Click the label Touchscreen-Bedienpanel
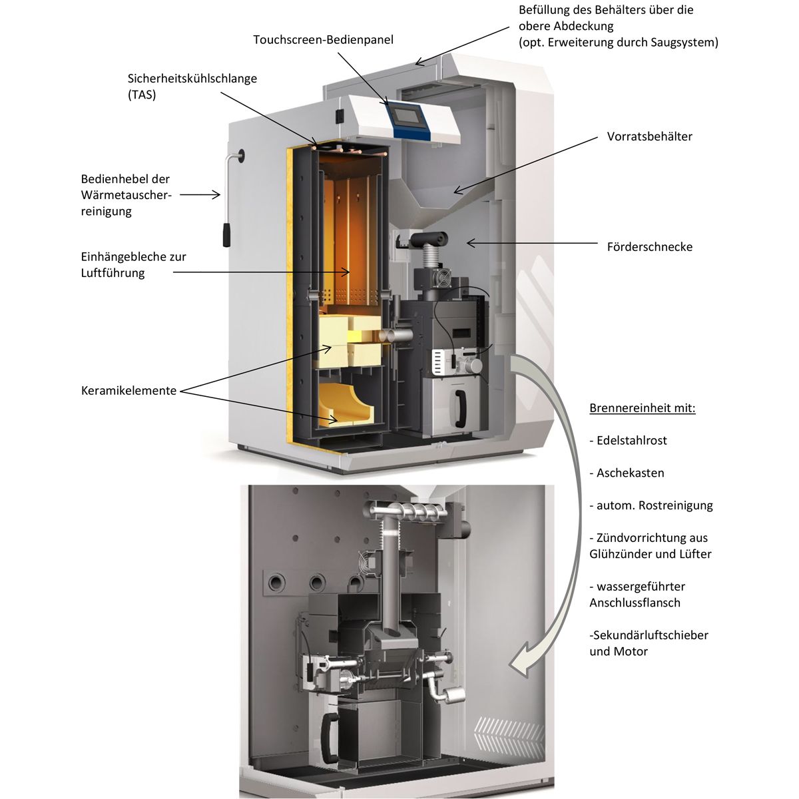tap(323, 40)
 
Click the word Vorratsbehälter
tap(649, 136)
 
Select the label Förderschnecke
tap(649, 247)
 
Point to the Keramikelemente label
tap(129, 391)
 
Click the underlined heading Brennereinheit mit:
tap(642, 408)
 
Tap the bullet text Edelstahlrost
tap(631, 441)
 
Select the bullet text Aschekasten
tap(630, 473)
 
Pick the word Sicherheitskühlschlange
tap(192, 79)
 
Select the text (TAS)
tap(141, 95)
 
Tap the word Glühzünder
tap(622, 554)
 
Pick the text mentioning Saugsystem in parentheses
tap(618, 43)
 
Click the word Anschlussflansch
tap(635, 603)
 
